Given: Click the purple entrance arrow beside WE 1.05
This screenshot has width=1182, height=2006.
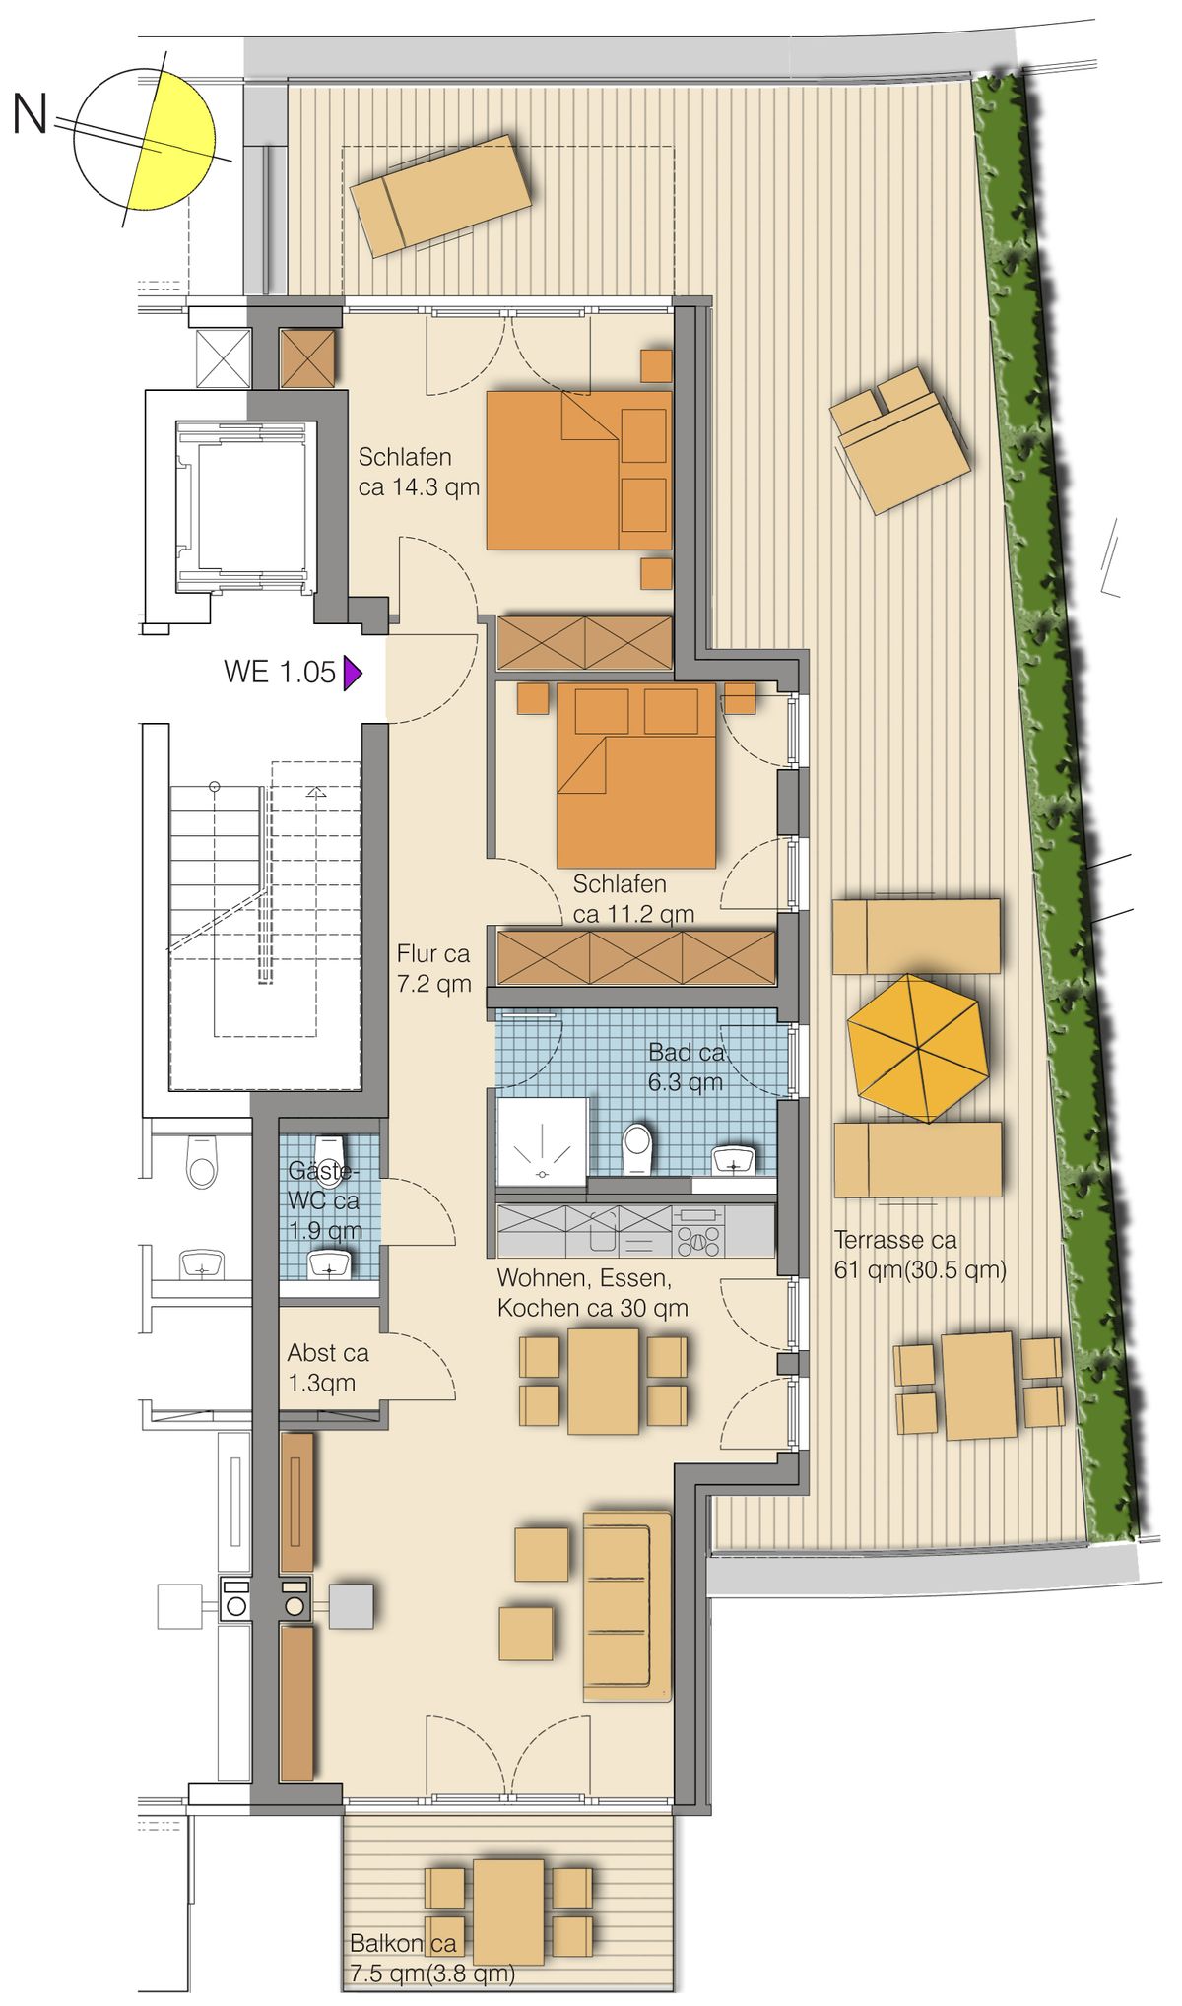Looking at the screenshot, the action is pos(352,674).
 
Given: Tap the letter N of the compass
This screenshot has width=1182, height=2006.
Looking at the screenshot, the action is pos(30,114).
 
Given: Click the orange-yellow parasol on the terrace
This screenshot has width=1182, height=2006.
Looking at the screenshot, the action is pos(917,1048).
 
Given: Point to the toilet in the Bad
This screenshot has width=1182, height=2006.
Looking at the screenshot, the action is pos(637,1148).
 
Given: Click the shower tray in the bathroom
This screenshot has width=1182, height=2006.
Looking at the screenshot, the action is pos(543,1141).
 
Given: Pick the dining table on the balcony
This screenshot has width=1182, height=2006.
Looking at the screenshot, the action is pos(508,1911).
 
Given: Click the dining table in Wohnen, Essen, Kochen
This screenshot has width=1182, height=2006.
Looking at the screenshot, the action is pos(604,1381).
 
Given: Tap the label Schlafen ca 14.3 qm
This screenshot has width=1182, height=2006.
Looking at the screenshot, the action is pos(419,472).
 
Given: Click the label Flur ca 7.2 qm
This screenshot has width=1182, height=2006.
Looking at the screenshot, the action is pos(433,968).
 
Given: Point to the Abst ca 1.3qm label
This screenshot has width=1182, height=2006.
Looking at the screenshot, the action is pos(328,1368).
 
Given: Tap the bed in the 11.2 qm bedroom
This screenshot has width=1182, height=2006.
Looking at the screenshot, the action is pos(635,775).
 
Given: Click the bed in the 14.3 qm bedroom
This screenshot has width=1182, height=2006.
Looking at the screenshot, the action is pos(579,470).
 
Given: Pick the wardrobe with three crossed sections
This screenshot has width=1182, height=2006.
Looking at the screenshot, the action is pos(635,958).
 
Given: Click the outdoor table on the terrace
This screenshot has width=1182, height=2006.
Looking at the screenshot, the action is pos(978,1385).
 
